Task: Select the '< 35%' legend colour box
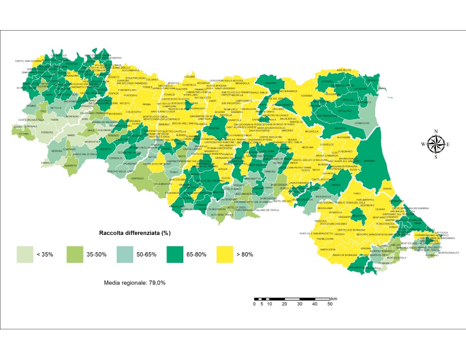[24, 254]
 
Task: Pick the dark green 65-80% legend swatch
[174, 254]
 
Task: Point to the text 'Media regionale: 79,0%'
[136, 283]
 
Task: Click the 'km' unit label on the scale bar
[333, 299]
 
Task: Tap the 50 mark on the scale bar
[330, 305]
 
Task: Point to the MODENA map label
[214, 128]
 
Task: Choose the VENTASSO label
[137, 178]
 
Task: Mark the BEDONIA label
[57, 151]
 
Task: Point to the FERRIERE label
[48, 131]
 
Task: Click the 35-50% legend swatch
[74, 254]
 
